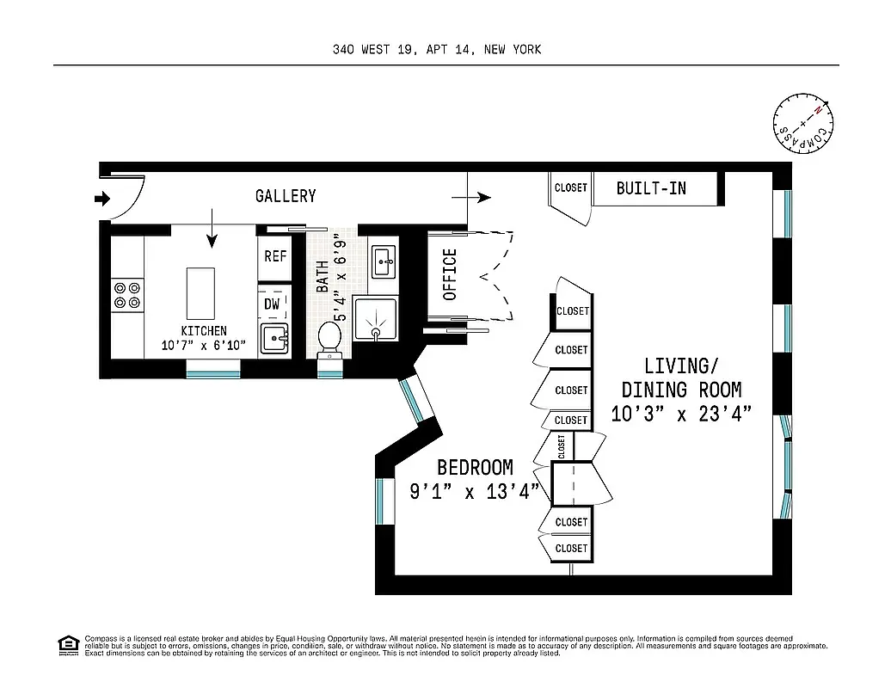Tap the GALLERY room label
tap(286, 196)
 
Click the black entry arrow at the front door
tap(102, 200)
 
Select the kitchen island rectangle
tap(200, 292)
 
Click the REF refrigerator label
tap(275, 256)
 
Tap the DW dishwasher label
tap(272, 304)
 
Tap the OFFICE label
tap(450, 274)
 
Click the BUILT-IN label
tap(651, 187)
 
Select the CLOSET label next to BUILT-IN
tap(570, 187)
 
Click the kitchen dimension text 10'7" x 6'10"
tap(204, 346)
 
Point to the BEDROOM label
tap(475, 468)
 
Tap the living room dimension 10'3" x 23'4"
tap(682, 414)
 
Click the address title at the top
tap(437, 50)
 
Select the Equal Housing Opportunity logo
tap(67, 644)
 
